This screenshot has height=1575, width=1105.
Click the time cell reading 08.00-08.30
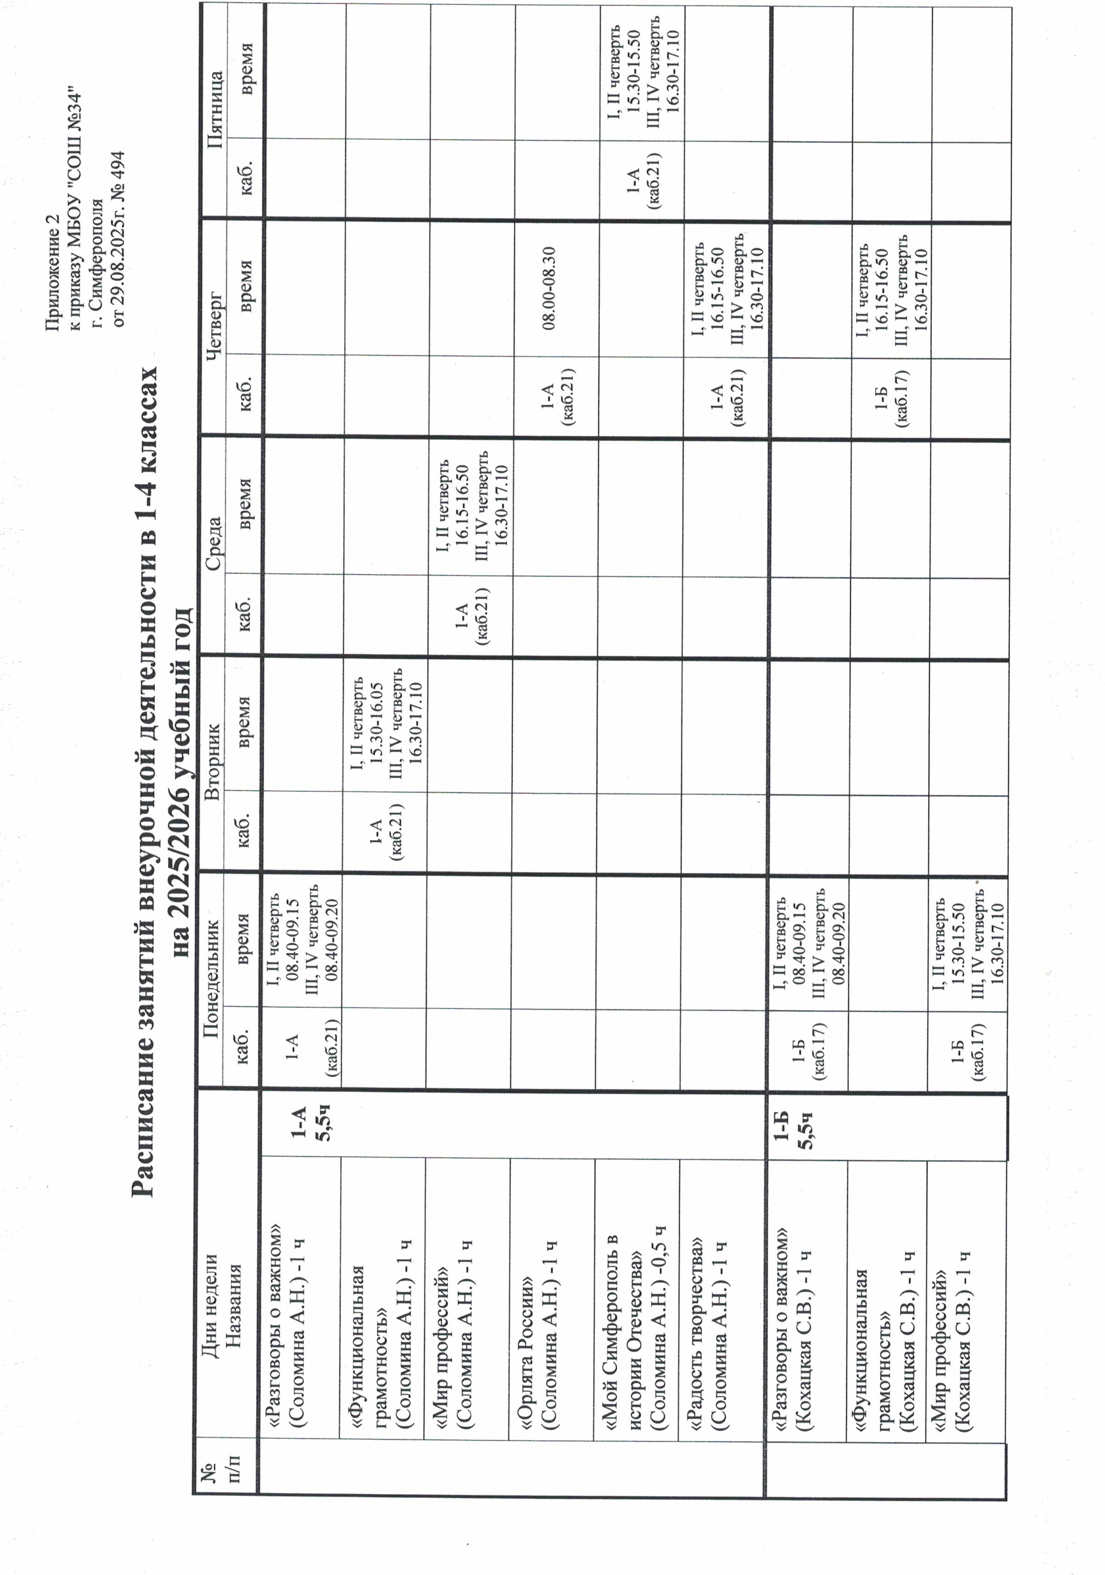[549, 288]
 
